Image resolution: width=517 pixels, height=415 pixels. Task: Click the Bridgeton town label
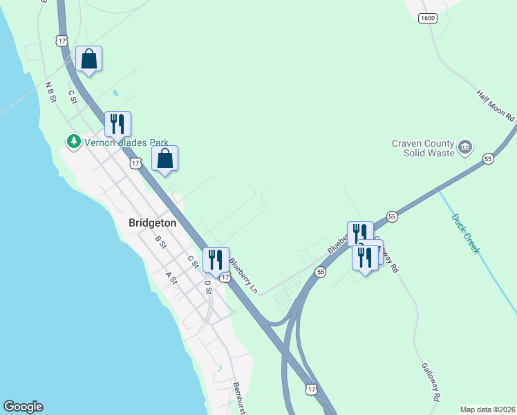(x=153, y=223)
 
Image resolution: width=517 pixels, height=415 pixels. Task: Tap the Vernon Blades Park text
(x=126, y=142)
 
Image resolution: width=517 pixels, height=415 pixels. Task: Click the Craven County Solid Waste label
(x=422, y=147)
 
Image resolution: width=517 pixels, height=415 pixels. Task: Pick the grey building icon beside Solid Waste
(x=465, y=146)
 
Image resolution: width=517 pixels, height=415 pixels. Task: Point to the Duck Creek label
(x=465, y=234)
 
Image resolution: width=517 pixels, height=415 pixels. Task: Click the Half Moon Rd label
(x=496, y=106)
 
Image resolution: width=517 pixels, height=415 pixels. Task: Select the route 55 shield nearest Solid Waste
(x=488, y=158)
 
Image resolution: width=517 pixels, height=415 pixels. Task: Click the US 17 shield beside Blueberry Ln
(x=225, y=276)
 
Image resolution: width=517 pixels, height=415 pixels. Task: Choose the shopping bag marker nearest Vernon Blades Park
(x=164, y=159)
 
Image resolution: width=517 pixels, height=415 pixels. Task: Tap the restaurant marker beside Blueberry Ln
(x=216, y=260)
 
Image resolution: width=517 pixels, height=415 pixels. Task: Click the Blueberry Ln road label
(x=243, y=275)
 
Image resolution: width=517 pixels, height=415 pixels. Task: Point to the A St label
(x=171, y=277)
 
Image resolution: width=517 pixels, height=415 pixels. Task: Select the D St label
(x=207, y=286)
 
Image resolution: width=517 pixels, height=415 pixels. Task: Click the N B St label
(x=50, y=93)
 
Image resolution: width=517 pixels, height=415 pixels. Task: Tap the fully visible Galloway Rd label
(x=429, y=382)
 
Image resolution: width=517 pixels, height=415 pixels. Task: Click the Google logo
(x=23, y=407)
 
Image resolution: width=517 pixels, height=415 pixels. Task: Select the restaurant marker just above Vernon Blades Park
(x=117, y=124)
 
